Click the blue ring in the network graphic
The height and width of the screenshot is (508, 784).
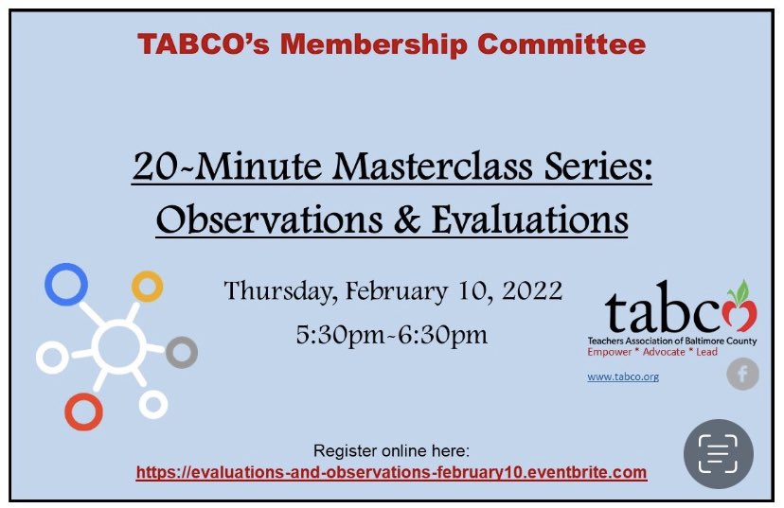click(x=65, y=284)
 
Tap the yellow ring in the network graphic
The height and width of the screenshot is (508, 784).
click(x=147, y=286)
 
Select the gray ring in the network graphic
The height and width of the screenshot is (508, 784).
click(x=181, y=352)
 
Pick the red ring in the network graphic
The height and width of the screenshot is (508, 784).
click(x=83, y=411)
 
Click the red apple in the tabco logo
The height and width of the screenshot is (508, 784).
click(x=739, y=309)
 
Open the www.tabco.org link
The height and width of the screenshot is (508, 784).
click(x=622, y=377)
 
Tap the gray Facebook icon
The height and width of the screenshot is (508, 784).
click(x=742, y=375)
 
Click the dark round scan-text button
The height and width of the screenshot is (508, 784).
click(x=718, y=453)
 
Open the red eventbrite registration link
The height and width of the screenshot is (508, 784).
click(x=391, y=471)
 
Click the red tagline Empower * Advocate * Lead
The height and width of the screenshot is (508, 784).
click(x=652, y=352)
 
